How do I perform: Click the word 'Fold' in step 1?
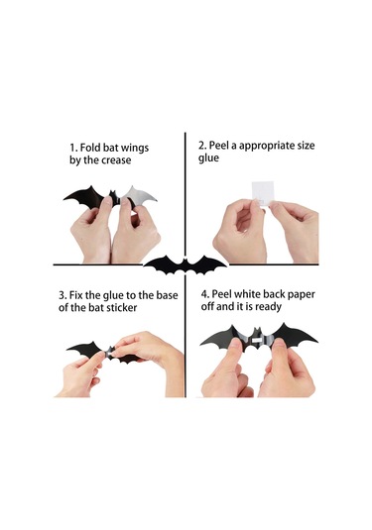(x=90, y=148)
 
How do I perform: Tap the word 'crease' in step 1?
(x=116, y=159)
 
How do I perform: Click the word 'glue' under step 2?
(x=208, y=159)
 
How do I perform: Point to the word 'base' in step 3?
(x=167, y=295)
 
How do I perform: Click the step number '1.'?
(x=73, y=148)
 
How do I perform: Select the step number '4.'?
(x=204, y=294)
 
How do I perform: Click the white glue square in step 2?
(x=263, y=193)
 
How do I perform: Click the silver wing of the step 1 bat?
(x=140, y=196)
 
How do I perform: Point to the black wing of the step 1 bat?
(x=85, y=196)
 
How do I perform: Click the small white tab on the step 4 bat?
(x=258, y=339)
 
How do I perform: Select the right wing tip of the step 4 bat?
(x=317, y=341)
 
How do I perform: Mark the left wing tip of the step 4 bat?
(x=200, y=345)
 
